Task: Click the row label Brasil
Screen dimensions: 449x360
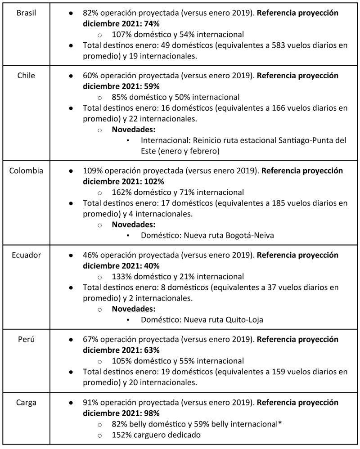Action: tap(27, 13)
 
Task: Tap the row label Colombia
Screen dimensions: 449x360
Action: tap(27, 171)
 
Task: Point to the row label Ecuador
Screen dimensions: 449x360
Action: tap(27, 255)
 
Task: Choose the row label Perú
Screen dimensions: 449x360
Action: tap(27, 340)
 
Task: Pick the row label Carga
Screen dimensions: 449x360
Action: tap(27, 402)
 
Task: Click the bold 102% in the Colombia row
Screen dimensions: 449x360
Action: tap(154, 182)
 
